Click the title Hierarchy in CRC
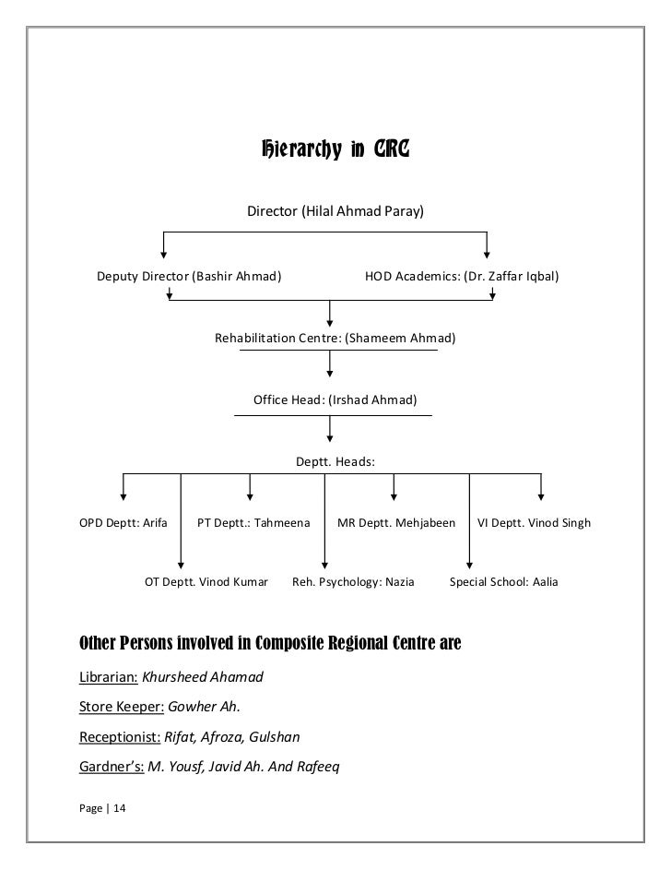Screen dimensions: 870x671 click(335, 149)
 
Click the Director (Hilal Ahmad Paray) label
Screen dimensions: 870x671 click(335, 211)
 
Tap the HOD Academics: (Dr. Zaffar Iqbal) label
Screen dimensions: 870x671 click(462, 276)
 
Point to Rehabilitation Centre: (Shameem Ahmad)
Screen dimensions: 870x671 click(335, 338)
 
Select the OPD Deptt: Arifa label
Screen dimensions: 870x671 click(124, 522)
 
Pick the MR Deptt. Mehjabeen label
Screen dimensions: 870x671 click(396, 522)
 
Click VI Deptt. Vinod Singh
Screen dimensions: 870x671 click(534, 522)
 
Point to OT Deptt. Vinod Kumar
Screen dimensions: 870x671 click(206, 582)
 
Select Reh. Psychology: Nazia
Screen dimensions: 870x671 click(353, 582)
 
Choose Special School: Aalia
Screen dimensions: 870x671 click(503, 582)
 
